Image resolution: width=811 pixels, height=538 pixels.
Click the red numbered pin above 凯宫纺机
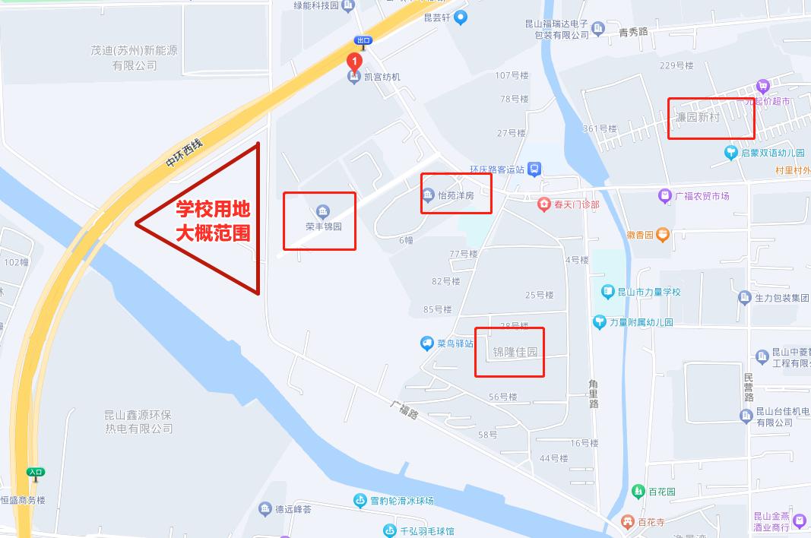point(353,61)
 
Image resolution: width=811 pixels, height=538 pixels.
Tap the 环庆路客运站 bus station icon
point(535,169)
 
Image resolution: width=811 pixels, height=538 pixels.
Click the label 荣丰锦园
point(323,226)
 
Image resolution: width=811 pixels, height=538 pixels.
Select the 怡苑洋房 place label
point(455,195)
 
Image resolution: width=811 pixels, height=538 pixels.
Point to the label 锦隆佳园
point(515,352)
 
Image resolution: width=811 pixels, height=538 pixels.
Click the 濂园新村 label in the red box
point(698,118)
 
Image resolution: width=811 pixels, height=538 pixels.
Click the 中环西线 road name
point(185,152)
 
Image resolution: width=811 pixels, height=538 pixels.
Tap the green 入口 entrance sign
point(35,472)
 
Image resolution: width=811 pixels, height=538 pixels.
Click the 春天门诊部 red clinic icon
point(543,204)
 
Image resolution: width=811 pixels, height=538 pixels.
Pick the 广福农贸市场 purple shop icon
point(665,196)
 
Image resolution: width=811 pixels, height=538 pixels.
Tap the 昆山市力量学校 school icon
point(607,291)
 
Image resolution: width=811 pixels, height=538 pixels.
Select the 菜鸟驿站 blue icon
point(427,343)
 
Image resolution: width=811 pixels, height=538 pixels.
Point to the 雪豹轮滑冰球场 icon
point(360,500)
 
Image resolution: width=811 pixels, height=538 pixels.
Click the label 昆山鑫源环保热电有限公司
point(139,422)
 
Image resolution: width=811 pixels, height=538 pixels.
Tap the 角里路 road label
point(594,394)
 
